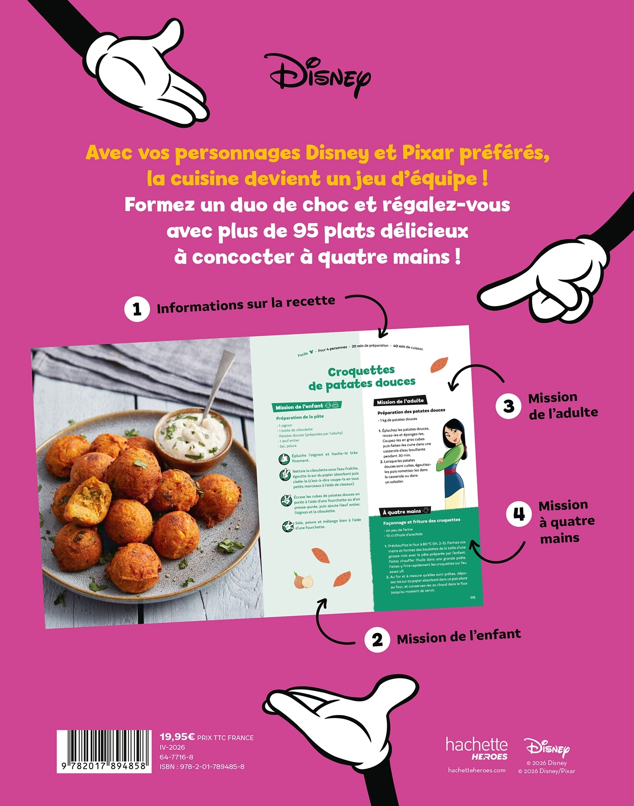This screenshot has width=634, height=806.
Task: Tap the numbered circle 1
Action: (137, 309)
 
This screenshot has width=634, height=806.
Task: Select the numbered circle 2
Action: (377, 640)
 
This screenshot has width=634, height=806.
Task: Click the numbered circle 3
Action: (509, 406)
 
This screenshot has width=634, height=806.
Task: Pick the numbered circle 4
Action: (519, 514)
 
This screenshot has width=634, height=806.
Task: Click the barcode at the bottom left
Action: (104, 750)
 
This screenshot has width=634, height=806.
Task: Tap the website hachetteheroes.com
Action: (476, 770)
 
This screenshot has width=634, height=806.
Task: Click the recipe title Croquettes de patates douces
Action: (361, 378)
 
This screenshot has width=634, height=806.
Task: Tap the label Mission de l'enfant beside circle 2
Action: (459, 636)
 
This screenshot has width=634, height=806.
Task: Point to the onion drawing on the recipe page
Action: (303, 580)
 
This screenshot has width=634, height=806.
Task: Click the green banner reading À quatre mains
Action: (404, 512)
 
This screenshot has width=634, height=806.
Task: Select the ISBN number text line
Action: (202, 767)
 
